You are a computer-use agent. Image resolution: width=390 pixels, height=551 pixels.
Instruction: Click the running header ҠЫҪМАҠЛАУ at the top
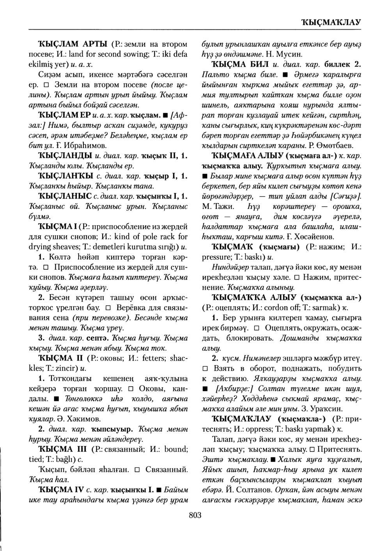pyautogui.click(x=330, y=22)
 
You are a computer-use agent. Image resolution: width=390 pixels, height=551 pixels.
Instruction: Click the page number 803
pyautogui.click(x=195, y=515)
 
